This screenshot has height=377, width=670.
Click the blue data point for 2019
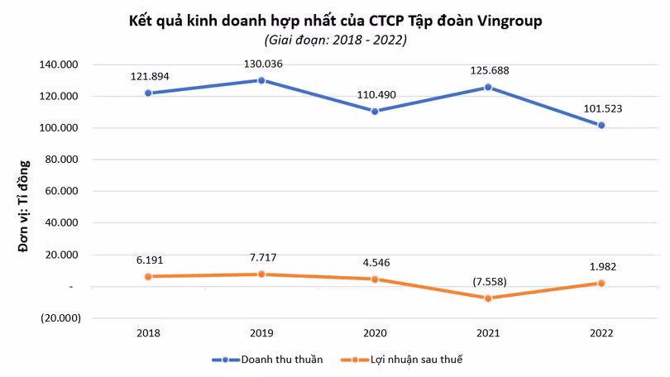(x=261, y=80)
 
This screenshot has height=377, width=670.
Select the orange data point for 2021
(x=488, y=298)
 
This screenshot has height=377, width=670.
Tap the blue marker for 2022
(x=601, y=126)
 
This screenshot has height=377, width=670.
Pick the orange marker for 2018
(x=148, y=277)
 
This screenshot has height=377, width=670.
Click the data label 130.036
(x=263, y=64)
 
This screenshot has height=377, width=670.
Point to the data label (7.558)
(x=490, y=282)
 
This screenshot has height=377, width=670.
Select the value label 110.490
(x=376, y=95)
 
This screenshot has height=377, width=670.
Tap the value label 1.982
(x=603, y=267)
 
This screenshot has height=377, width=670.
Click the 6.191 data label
(x=150, y=260)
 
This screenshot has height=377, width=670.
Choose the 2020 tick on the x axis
(x=375, y=333)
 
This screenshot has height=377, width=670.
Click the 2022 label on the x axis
(x=601, y=333)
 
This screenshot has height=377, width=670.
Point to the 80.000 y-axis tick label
(x=61, y=160)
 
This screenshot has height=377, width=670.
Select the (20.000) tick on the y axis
(x=60, y=318)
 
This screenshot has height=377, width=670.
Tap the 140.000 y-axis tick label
(x=59, y=64)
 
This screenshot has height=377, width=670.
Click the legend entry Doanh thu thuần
(x=267, y=360)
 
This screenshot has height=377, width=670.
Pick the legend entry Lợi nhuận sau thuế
(x=402, y=360)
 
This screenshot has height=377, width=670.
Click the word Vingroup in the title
(x=510, y=21)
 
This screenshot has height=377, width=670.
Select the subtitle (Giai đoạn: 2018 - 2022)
(x=336, y=41)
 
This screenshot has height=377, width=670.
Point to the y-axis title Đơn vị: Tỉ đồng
(x=24, y=206)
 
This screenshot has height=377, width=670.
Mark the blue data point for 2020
(x=375, y=112)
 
